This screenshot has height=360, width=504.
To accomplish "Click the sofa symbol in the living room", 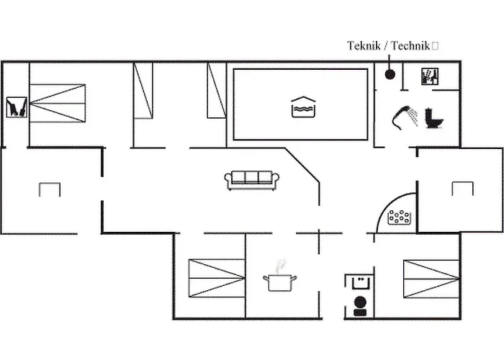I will (250, 180).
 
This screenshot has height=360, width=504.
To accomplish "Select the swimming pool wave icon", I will (301, 106).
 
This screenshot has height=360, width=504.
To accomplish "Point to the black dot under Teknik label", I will (390, 73).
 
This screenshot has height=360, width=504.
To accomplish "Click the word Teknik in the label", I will (364, 46).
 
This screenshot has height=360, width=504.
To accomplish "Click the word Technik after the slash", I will (410, 46).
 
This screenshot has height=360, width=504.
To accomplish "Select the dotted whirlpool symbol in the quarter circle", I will (400, 217).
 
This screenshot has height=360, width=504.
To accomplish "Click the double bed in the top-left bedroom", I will (57, 103).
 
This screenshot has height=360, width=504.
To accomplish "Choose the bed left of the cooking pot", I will (216, 278).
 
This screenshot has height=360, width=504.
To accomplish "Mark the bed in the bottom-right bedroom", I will (431, 279).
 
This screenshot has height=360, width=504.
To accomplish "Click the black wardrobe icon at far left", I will (16, 107).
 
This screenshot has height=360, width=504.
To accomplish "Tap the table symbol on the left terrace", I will (50, 189).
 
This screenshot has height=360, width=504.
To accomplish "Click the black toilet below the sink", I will (360, 305).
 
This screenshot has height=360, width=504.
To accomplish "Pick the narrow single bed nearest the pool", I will (217, 91).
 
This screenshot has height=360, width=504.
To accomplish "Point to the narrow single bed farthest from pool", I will (143, 91).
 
